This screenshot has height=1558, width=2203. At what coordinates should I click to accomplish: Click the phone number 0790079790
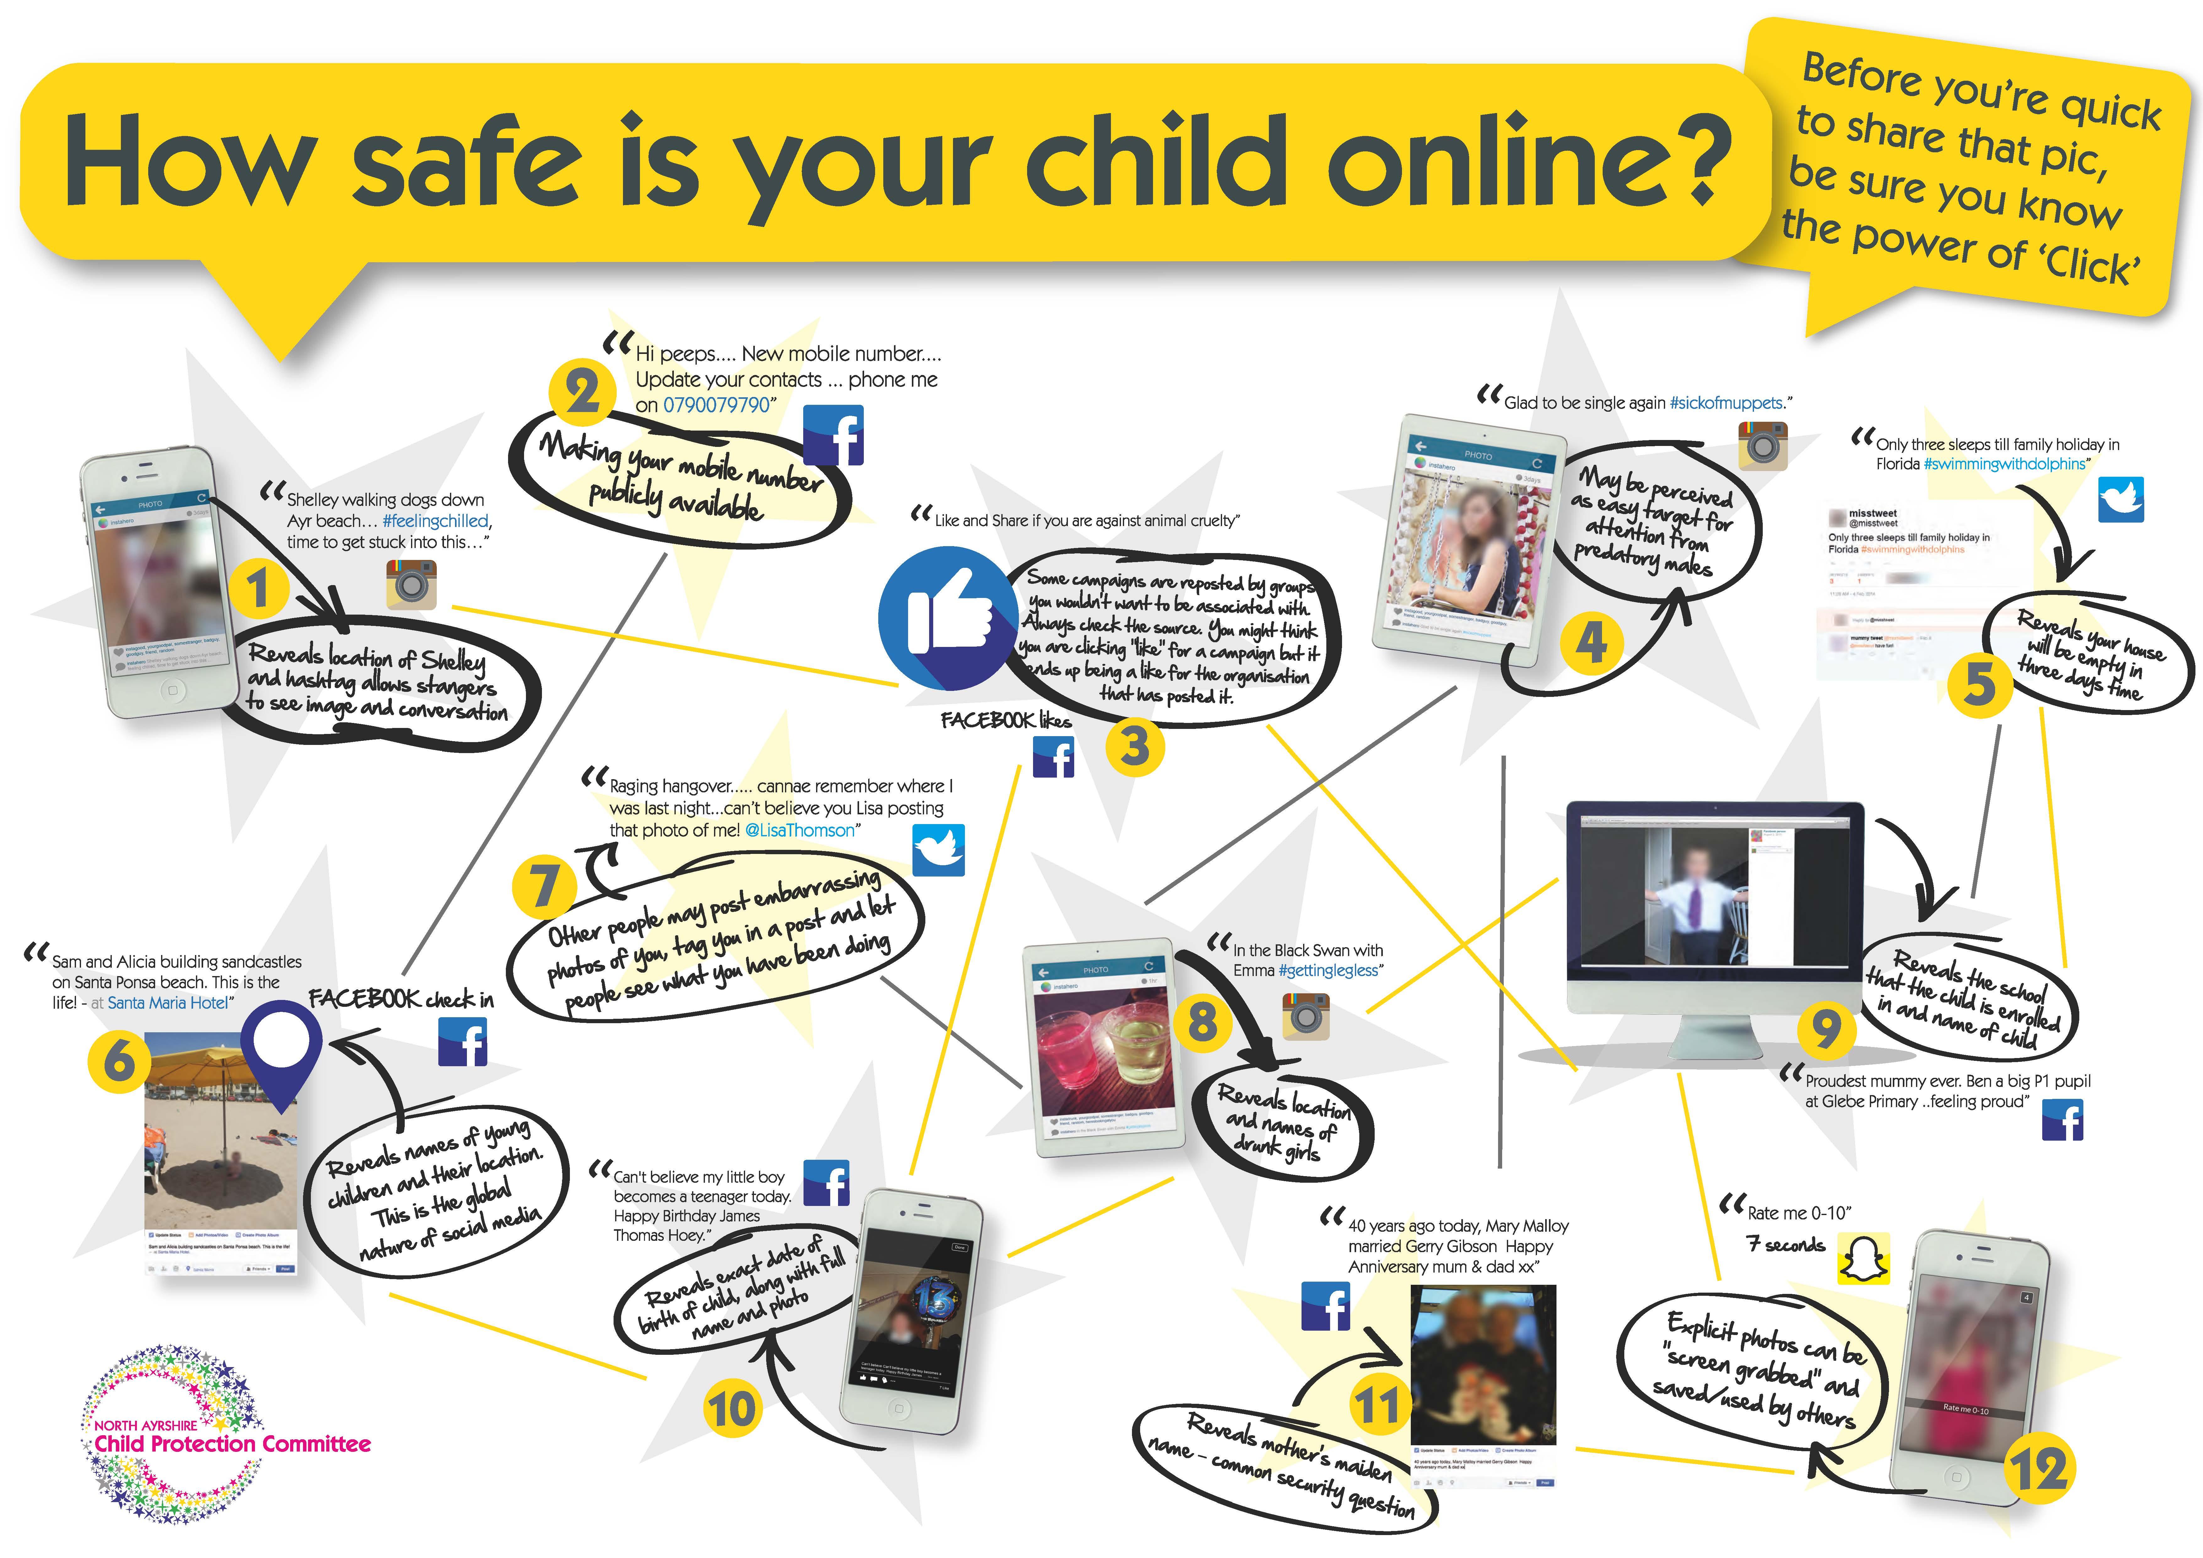[x=717, y=405]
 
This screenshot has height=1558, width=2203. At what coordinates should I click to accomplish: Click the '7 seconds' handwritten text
[x=1785, y=1245]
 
